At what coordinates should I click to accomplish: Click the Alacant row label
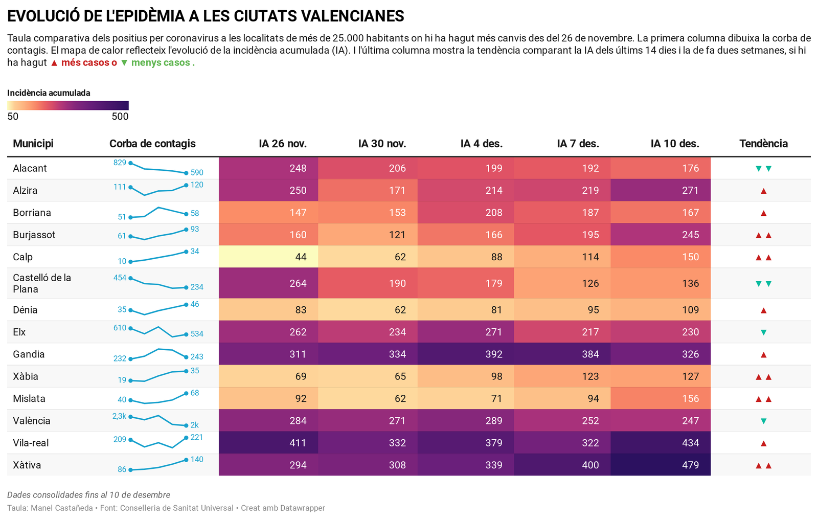[x=30, y=168]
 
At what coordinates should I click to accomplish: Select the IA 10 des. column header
[x=674, y=144]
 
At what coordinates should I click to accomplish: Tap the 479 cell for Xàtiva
[x=690, y=465]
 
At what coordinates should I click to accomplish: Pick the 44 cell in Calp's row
[x=301, y=257]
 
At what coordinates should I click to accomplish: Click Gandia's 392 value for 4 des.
[x=493, y=354]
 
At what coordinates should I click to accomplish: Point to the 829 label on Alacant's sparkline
[x=120, y=163]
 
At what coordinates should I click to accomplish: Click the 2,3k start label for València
[x=119, y=416]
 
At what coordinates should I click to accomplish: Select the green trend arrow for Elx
[x=763, y=332]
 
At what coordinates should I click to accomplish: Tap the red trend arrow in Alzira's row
[x=763, y=191]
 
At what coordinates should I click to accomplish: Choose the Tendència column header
[x=763, y=144]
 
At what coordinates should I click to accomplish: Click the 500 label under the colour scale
[x=120, y=117]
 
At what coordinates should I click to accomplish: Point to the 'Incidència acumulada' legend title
[x=49, y=93]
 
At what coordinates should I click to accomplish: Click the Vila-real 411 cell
[x=298, y=443]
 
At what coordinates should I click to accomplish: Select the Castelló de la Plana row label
[x=42, y=283]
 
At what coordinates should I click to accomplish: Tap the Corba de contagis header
[x=152, y=144]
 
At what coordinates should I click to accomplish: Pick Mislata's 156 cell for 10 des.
[x=690, y=399]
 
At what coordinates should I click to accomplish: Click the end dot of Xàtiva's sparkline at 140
[x=186, y=460]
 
